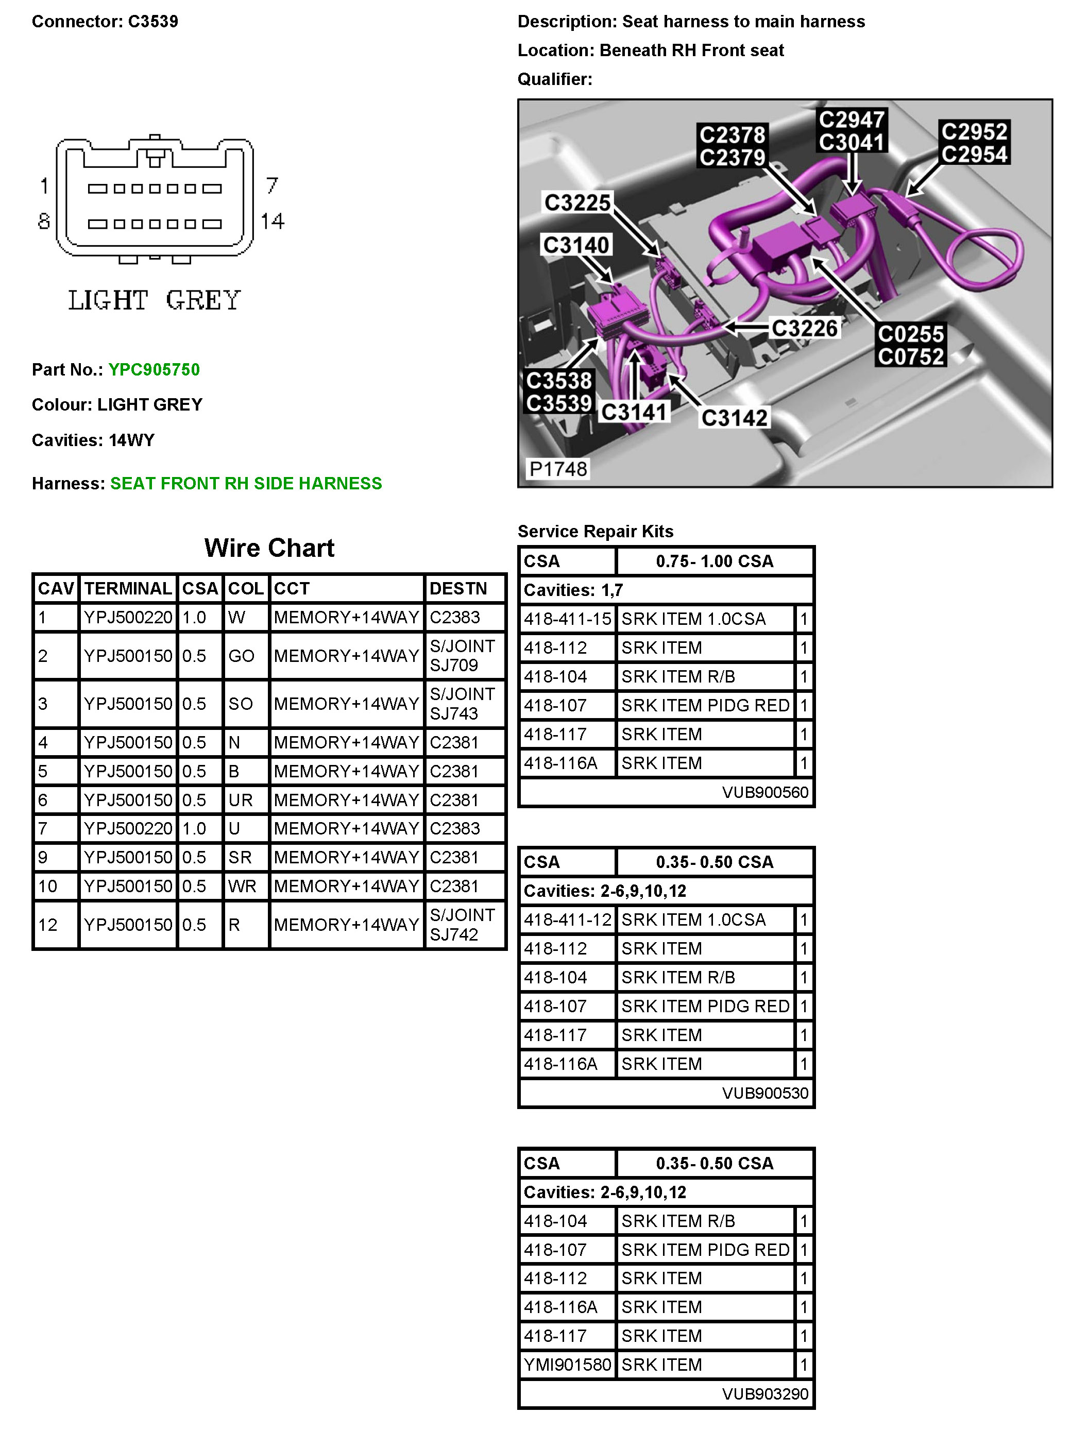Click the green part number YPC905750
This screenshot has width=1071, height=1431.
point(154,369)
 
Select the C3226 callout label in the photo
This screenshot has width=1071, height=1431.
point(804,328)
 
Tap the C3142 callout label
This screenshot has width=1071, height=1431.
point(734,418)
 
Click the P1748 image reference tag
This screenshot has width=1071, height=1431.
point(558,468)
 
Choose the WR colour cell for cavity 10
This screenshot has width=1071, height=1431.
point(242,887)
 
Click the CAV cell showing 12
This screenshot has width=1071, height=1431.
point(48,925)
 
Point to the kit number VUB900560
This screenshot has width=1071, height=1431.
point(765,792)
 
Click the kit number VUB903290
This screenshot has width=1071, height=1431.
point(765,1393)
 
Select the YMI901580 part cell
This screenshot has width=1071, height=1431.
point(567,1365)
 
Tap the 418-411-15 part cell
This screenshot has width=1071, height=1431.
point(567,619)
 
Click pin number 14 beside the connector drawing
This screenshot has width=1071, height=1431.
point(273,222)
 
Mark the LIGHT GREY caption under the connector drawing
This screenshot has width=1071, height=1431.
point(155,300)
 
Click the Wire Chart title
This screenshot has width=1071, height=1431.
point(269,548)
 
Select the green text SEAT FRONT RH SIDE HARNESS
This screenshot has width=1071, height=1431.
point(246,483)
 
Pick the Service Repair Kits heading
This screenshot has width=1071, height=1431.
point(596,531)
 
